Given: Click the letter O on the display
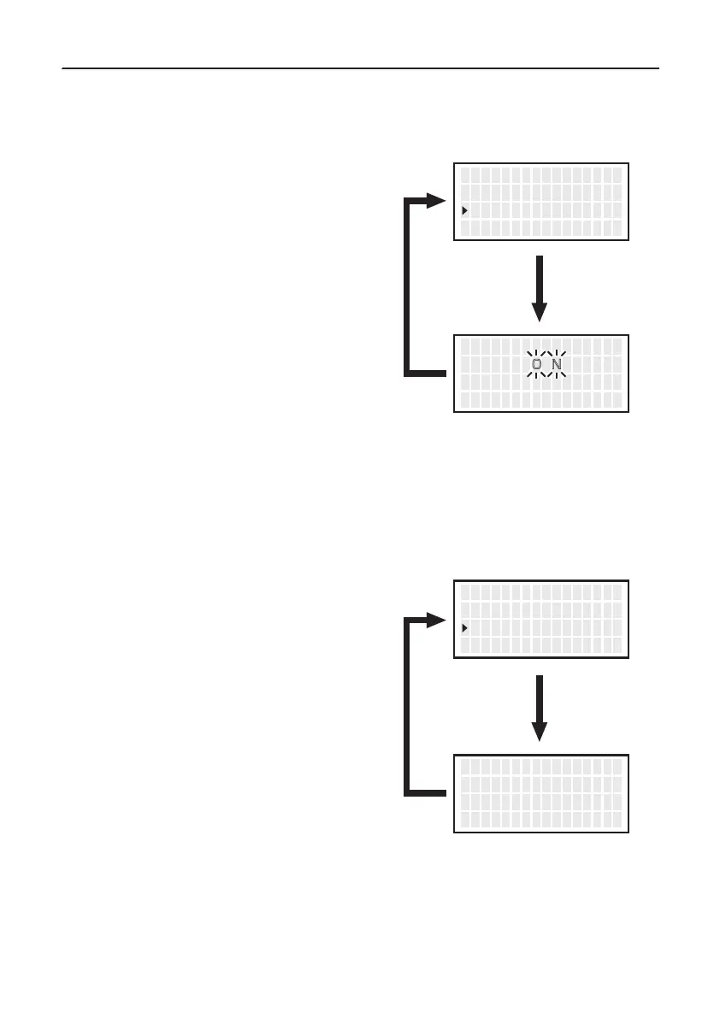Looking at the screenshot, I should [536, 365].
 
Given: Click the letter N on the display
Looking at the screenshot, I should [557, 365].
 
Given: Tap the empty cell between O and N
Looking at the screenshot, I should [546, 365].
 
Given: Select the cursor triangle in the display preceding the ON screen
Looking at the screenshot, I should [464, 210].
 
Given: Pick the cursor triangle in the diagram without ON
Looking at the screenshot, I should [464, 628].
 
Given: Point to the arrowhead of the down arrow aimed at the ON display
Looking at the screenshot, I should [540, 312].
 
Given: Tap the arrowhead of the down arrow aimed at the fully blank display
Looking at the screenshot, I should [540, 731].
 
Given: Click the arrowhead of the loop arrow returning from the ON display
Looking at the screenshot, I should [438, 202].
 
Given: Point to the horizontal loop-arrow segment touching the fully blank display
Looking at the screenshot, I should [428, 792].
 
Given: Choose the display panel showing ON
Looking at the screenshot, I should [541, 374].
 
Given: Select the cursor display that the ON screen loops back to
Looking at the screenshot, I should [541, 201].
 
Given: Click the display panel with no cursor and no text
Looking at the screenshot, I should [541, 792].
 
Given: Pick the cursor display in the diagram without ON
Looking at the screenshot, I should [541, 619].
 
